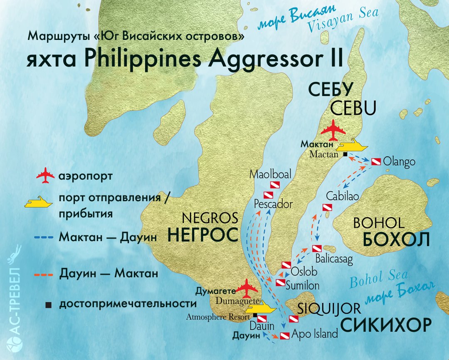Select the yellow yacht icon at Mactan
coord(353,146)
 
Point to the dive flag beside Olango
coord(376,161)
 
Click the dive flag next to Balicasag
coord(316,249)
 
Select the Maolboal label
coord(270,174)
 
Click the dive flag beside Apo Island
coord(285,336)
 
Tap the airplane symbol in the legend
coord(45,176)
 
